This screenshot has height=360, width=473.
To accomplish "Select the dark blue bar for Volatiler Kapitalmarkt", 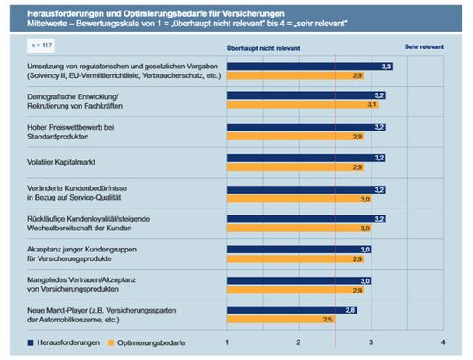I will click(x=307, y=158).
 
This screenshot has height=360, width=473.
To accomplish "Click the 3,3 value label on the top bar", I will click(x=386, y=67).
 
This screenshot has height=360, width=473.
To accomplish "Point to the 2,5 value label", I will click(x=328, y=320).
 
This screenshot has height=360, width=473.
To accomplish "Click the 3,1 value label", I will click(x=371, y=105).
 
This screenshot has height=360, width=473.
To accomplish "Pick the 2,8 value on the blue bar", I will click(x=349, y=310).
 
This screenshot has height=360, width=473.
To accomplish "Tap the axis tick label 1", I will click(x=227, y=342).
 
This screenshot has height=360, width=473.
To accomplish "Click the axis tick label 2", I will click(x=299, y=342).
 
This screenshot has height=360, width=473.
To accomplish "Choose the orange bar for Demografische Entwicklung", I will click(x=299, y=105).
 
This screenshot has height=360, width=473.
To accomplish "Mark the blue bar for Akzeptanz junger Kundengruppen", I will click(x=299, y=249).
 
